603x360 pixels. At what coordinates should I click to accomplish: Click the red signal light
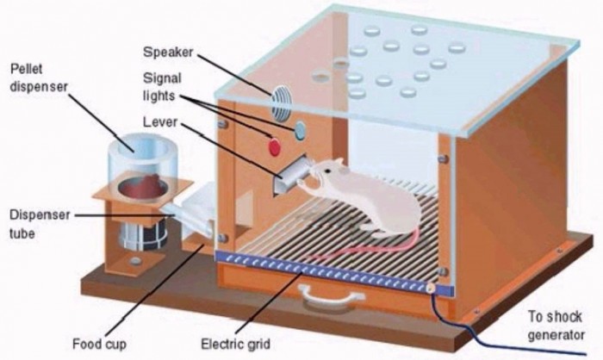[274, 146]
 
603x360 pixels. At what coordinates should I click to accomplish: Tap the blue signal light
[300, 130]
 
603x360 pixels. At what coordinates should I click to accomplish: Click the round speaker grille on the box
[281, 102]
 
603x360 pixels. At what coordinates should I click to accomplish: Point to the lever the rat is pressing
[292, 172]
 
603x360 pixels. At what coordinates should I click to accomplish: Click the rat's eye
[327, 171]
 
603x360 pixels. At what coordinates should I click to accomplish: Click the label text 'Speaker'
[168, 52]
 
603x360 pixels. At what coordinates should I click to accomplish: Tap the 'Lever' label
[160, 122]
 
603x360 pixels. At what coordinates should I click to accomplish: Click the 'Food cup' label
[99, 343]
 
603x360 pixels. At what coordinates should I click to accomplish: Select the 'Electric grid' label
[235, 344]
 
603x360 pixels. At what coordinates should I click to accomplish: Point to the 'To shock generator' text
[556, 326]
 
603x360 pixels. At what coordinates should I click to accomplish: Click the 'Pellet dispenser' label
[39, 78]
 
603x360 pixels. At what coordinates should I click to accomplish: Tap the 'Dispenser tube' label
[40, 223]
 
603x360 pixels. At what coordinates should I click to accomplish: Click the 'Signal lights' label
[162, 87]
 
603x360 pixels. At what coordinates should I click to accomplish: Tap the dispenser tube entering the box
[188, 218]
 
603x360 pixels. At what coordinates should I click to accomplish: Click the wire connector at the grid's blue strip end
[432, 288]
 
